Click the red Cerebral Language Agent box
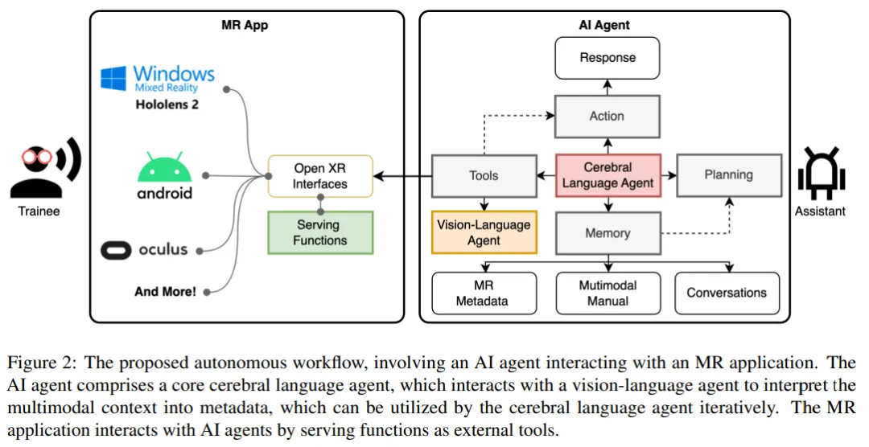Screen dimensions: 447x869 click(608, 175)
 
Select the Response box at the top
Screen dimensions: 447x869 click(607, 58)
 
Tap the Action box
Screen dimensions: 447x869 click(607, 116)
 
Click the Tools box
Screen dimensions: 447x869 click(484, 175)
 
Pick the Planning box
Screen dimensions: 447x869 click(728, 174)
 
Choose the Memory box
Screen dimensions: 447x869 click(607, 233)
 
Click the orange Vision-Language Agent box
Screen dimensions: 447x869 click(484, 232)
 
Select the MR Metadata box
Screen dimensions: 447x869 click(484, 293)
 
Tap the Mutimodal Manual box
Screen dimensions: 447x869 click(607, 293)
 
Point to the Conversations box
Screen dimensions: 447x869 click(727, 293)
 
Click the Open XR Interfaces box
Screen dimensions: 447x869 click(320, 176)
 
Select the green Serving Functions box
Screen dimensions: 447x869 click(320, 232)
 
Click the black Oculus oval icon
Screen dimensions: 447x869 click(116, 250)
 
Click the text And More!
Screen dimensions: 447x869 click(165, 292)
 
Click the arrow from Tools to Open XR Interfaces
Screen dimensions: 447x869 click(402, 175)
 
